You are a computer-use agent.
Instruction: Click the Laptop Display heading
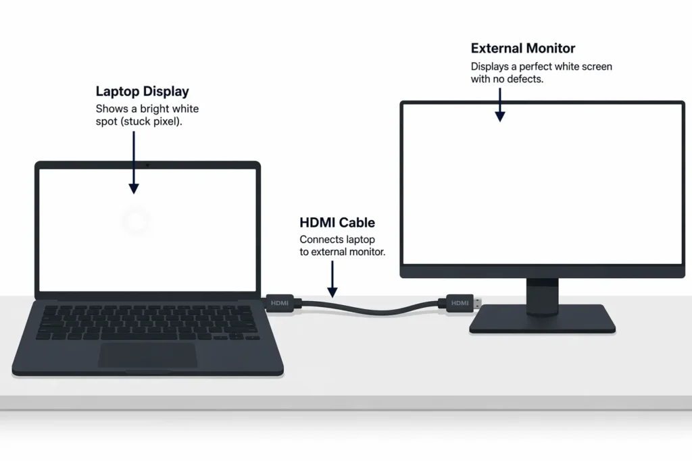pyautogui.click(x=142, y=92)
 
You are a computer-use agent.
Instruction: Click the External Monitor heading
pyautogui.click(x=523, y=49)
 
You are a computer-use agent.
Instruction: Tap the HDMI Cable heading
pyautogui.click(x=337, y=223)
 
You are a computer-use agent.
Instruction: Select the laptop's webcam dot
pyautogui.click(x=147, y=164)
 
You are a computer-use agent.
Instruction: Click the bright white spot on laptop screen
pyautogui.click(x=136, y=221)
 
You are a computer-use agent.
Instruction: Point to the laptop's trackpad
pyautogui.click(x=147, y=355)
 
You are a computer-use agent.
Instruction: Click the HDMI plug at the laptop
pyautogui.click(x=279, y=303)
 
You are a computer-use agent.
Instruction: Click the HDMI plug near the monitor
pyautogui.click(x=460, y=303)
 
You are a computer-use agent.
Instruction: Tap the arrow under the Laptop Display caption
pyautogui.click(x=134, y=162)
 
